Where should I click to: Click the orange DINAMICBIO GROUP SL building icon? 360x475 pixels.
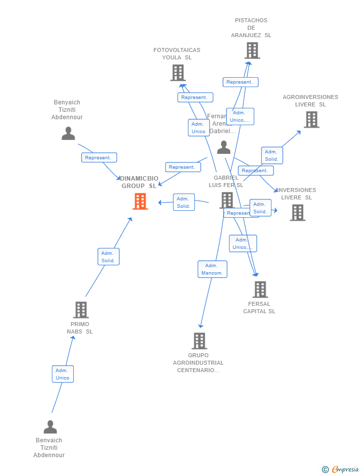140,201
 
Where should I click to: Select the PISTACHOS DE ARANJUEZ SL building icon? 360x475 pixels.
252,50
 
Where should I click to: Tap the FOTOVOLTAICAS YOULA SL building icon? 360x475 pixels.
178,73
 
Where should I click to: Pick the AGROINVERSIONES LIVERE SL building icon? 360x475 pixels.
312,120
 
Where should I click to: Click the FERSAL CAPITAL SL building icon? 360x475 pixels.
260,289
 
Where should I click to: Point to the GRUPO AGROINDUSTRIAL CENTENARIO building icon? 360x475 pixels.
199,341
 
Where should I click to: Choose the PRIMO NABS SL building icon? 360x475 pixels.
81,310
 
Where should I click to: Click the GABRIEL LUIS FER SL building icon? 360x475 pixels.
226,200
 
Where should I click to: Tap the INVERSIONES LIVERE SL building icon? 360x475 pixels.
297,212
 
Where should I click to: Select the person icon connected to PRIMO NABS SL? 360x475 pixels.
50,427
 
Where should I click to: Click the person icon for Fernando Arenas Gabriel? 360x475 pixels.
224,147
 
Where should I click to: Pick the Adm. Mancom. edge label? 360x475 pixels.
213,269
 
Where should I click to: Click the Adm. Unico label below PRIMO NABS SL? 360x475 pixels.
63,374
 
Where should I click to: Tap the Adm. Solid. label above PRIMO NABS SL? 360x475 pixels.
108,257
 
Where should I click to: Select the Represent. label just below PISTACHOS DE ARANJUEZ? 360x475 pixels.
240,82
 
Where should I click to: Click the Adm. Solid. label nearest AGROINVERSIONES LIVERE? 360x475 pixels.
272,155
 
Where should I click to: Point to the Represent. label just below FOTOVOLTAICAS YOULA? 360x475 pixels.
195,97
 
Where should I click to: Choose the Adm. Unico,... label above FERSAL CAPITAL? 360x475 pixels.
243,243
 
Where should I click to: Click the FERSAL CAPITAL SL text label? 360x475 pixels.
259,308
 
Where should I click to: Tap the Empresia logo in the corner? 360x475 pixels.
341,469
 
